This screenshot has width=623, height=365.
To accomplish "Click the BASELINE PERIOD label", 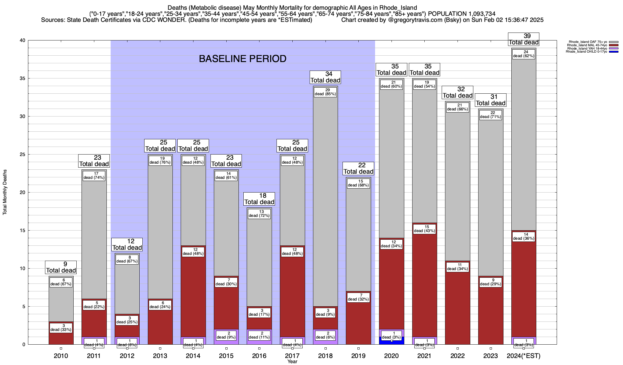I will pyautogui.click(x=242, y=59).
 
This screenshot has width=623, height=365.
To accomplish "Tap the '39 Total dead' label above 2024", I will pyautogui.click(x=524, y=39).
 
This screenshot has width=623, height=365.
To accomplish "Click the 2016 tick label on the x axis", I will pyautogui.click(x=259, y=356).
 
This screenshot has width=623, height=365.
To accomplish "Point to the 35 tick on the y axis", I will pyautogui.click(x=22, y=78).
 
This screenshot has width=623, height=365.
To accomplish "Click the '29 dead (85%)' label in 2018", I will pyautogui.click(x=325, y=92).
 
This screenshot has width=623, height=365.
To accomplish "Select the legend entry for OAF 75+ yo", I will pyautogui.click(x=588, y=42).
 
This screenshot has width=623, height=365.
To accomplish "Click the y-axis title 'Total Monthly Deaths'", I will pyautogui.click(x=5, y=192).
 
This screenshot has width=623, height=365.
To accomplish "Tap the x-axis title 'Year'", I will pyautogui.click(x=292, y=362).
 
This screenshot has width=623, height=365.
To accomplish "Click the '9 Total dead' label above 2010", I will pyautogui.click(x=61, y=267).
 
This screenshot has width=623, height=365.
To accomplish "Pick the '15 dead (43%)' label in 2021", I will pyautogui.click(x=424, y=229).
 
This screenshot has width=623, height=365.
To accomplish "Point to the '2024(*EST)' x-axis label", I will pyautogui.click(x=523, y=356).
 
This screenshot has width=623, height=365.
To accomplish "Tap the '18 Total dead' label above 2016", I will pyautogui.click(x=259, y=199).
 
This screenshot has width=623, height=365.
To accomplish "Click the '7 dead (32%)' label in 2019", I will pyautogui.click(x=358, y=297).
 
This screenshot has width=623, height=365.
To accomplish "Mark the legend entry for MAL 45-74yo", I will pyautogui.click(x=588, y=45).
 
